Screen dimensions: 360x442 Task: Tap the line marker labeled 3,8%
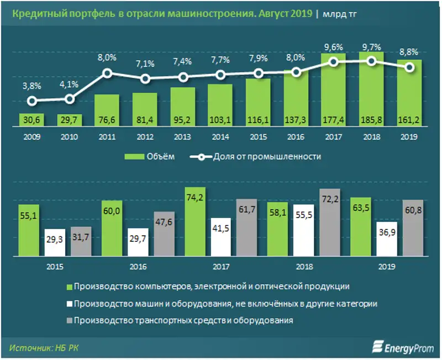[32, 101]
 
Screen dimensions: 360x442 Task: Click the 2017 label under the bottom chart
[220, 266]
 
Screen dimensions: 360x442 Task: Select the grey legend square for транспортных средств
[70, 321]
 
